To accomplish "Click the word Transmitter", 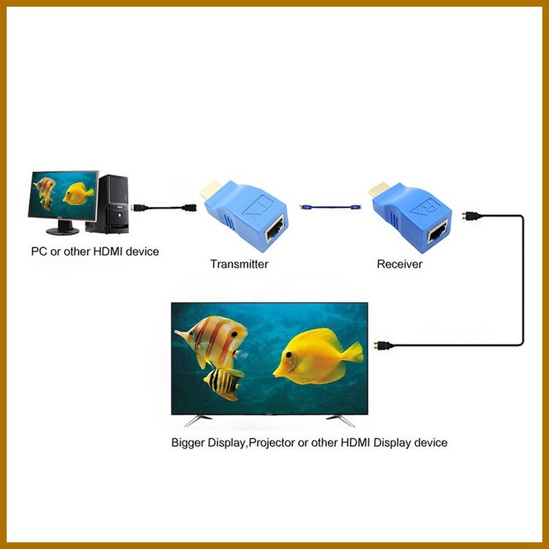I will (239, 264).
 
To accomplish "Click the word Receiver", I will (400, 264).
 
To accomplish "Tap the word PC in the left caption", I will (39, 252).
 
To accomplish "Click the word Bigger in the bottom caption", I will (189, 443).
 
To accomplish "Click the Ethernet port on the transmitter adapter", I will (273, 231).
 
